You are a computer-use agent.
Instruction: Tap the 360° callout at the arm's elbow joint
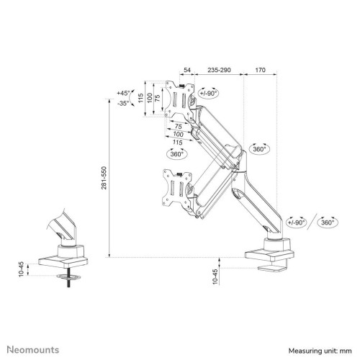click(x=261, y=149)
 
